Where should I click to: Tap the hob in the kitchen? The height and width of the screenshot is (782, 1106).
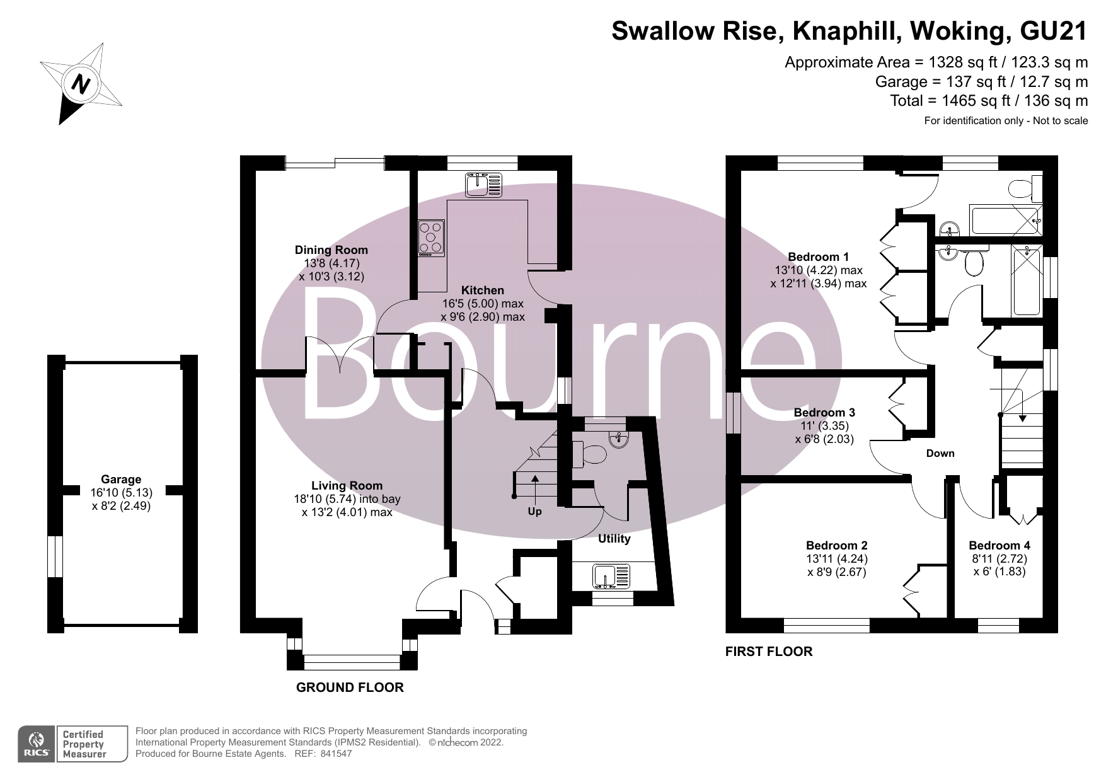(432, 238)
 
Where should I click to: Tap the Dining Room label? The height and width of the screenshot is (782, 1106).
(331, 250)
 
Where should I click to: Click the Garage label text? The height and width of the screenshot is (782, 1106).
(121, 479)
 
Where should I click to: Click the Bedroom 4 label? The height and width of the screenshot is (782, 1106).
(999, 546)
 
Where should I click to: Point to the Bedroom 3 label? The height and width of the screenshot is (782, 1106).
(824, 413)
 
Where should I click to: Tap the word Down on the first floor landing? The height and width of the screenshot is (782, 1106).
(940, 453)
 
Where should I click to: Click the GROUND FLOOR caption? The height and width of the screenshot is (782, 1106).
(350, 687)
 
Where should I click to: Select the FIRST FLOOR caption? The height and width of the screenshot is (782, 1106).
(769, 652)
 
